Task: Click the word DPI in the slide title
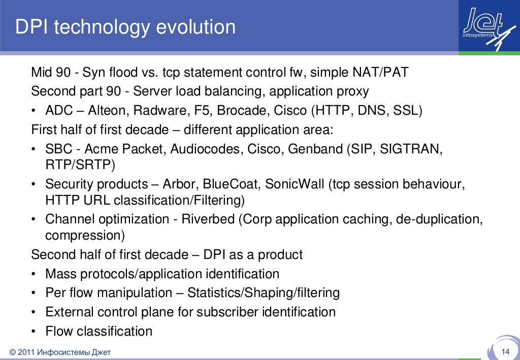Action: point(31,27)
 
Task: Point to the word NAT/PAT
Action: point(380,73)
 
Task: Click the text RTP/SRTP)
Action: point(80,165)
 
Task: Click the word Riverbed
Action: point(210,219)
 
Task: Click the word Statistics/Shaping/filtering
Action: point(264,293)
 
